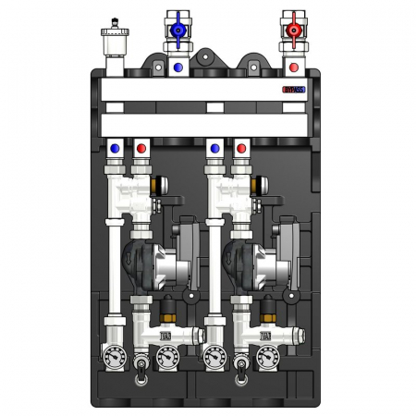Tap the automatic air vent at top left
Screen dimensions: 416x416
click(x=116, y=43)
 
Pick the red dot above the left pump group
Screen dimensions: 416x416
click(x=141, y=147)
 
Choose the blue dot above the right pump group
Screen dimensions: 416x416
click(x=214, y=147)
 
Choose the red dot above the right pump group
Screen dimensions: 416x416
click(x=241, y=147)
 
